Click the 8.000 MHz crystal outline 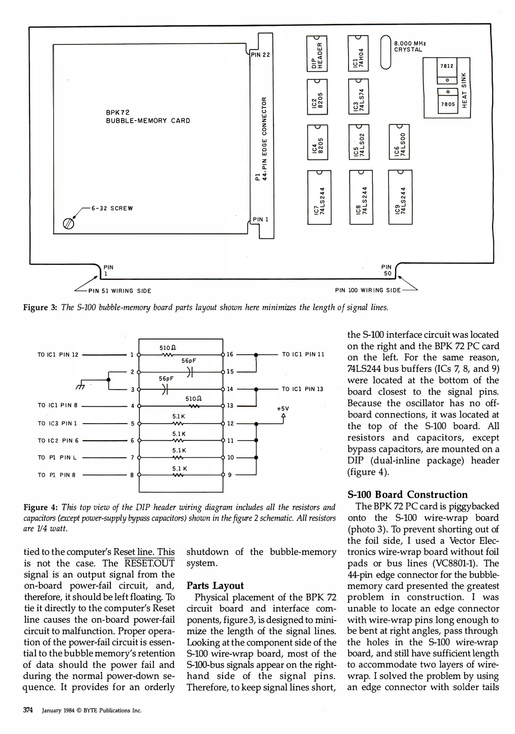386,52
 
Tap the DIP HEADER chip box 317,53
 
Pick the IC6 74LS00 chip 399,142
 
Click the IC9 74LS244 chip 400,197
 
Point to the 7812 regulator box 447,66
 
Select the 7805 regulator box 447,104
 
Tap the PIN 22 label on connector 260,55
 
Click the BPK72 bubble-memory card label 148,117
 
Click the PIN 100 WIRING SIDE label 368,290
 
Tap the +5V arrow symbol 284,416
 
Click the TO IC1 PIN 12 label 58,355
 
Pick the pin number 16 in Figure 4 230,354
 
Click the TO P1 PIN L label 57,458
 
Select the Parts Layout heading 215,586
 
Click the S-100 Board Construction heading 407,494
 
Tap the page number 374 28,710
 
